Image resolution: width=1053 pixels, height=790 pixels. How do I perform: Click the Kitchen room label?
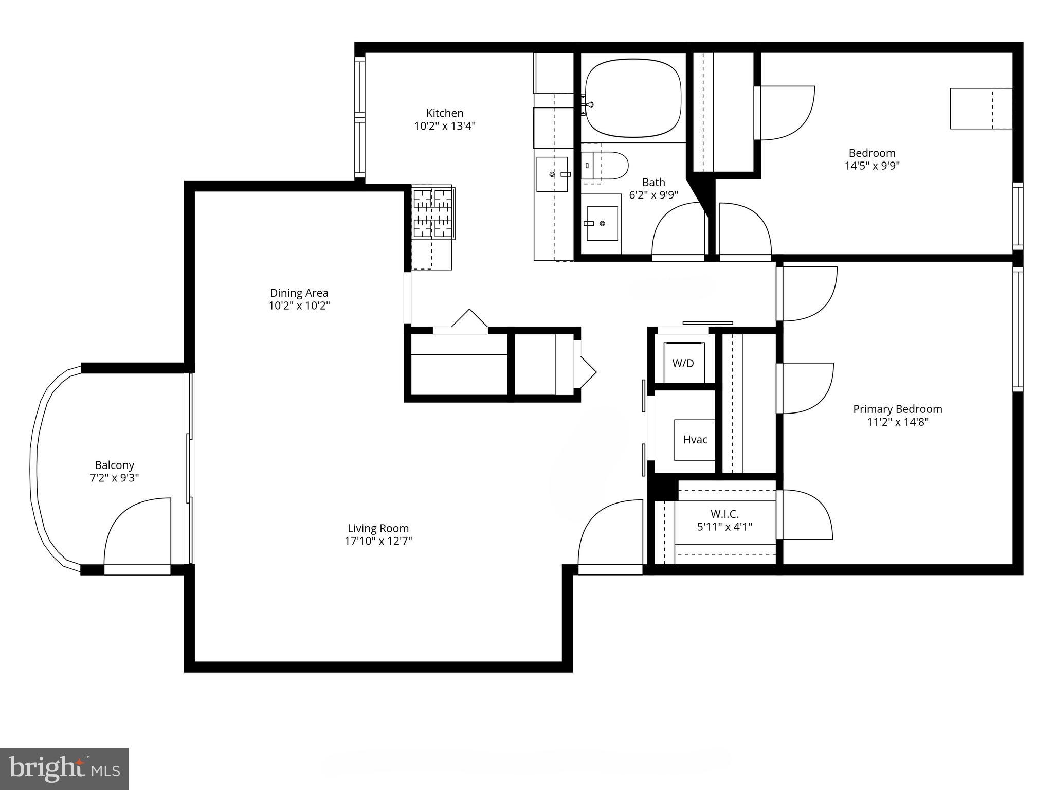point(445,113)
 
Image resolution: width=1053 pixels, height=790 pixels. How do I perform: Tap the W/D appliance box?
point(683,363)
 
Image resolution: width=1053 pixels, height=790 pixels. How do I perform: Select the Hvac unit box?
point(695,440)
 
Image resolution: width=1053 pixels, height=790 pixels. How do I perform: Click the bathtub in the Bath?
point(633,98)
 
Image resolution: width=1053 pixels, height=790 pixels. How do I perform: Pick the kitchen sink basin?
point(552,174)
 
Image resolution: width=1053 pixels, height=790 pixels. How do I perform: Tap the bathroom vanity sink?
point(602,224)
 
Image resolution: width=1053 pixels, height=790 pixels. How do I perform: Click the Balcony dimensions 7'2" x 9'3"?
point(114,478)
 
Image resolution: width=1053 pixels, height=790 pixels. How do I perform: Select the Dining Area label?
point(299,293)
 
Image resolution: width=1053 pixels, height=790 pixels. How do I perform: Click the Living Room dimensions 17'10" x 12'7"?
point(378,541)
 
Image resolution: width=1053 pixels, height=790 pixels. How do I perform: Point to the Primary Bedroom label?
point(897,409)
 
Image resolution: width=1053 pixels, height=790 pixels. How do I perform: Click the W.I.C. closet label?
point(724,514)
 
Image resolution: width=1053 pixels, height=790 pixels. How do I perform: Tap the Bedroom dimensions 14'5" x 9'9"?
point(872,166)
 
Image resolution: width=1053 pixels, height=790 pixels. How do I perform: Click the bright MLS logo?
point(64,768)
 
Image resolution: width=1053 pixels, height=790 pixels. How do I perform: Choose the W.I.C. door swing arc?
point(806,514)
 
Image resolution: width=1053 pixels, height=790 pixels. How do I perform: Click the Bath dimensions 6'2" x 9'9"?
point(653,195)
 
